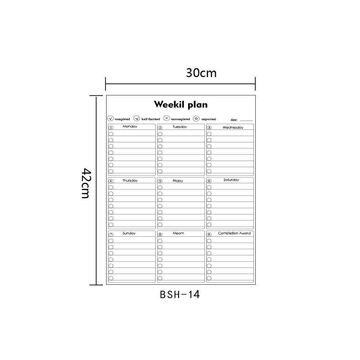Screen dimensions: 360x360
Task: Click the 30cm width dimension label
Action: [x=201, y=73]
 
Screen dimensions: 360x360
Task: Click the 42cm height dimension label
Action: [x=86, y=183]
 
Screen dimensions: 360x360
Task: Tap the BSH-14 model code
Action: [x=180, y=295]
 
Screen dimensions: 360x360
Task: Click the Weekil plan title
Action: [x=181, y=104]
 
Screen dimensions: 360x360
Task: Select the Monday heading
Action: [x=130, y=126]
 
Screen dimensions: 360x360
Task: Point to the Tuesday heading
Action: [x=180, y=127]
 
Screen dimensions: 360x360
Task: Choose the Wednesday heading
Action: [x=233, y=127]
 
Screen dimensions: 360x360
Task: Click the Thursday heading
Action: [x=130, y=180]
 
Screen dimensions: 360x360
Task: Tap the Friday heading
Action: [x=178, y=181]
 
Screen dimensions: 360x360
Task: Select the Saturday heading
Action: [x=231, y=180]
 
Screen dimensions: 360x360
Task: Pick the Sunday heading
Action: [x=129, y=233]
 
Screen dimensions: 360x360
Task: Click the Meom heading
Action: [x=178, y=233]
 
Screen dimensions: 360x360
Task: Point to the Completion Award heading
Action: [x=234, y=233]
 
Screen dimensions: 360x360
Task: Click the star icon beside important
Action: [x=196, y=118]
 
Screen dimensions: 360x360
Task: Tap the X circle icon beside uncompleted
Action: [x=166, y=118]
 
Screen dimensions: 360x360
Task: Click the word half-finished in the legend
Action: [x=151, y=119]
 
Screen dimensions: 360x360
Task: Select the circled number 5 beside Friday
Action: [x=160, y=181]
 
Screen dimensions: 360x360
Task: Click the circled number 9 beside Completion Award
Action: [x=209, y=235]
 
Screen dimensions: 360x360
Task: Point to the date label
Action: [x=234, y=120]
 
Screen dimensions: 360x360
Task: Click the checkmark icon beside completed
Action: [x=110, y=118]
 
